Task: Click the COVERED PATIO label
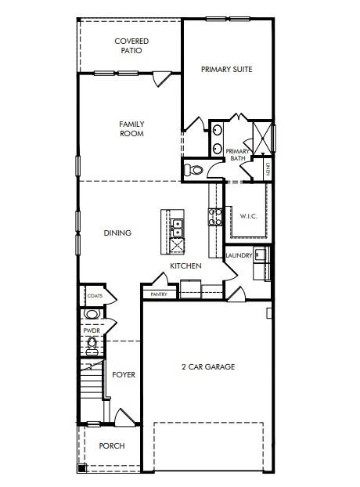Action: point(131,45)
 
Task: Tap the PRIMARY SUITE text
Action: point(226,70)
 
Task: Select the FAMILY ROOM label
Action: point(131,128)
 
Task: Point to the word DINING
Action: point(117,233)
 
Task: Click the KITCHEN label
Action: point(186,266)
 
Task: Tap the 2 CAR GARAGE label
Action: point(208,366)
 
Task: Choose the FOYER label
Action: point(124,375)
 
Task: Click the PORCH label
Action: point(111,446)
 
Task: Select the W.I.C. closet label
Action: point(249,216)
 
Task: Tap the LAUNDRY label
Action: point(238,255)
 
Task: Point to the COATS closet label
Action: point(94,296)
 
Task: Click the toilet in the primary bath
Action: point(193,169)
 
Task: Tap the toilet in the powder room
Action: point(92,343)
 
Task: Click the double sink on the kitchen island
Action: point(178,227)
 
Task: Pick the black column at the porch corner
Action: point(82,468)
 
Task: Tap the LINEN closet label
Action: point(268,167)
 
